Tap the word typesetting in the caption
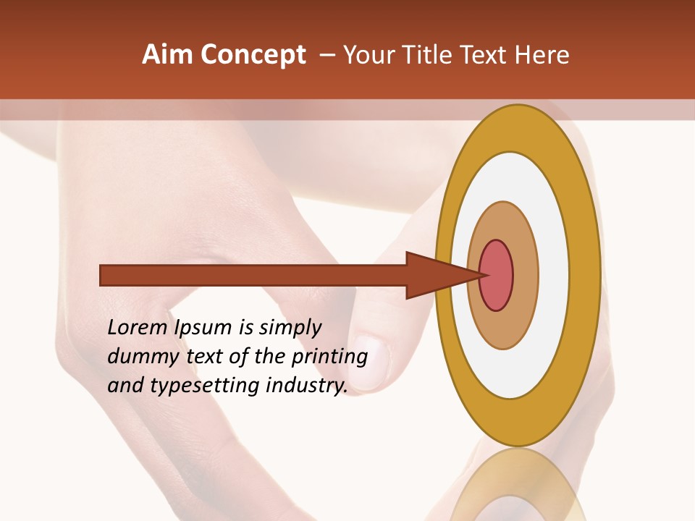202,386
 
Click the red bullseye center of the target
497,275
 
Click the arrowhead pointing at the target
434,275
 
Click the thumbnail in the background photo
372,362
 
